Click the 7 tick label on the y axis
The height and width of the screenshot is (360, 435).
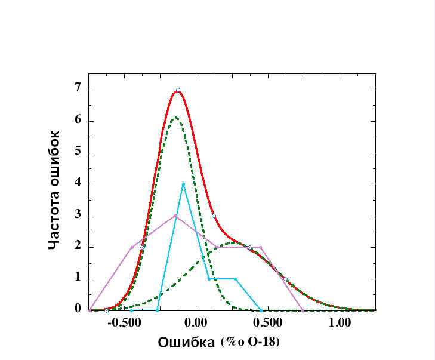(78, 90)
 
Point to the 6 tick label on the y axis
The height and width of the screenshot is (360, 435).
(78, 121)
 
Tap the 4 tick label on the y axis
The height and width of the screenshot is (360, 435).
(78, 184)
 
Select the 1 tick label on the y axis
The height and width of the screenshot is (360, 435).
(78, 278)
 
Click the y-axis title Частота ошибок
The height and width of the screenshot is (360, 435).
(55, 190)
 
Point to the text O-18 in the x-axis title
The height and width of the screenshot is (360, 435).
(263, 343)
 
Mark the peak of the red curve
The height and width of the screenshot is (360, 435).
(177, 90)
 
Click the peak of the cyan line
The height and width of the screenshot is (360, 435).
(183, 184)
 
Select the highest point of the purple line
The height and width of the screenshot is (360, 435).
(175, 216)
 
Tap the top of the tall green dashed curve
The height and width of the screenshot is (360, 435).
(175, 118)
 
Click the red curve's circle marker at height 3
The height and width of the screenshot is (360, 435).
(214, 216)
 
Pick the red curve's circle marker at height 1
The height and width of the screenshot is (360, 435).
(285, 279)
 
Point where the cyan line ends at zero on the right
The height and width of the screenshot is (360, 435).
(261, 310)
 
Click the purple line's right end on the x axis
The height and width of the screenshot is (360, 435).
(304, 310)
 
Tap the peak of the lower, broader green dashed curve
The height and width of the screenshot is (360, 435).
(233, 243)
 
